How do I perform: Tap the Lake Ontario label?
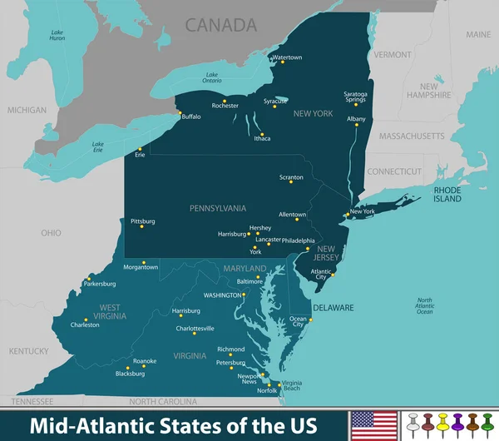pyautogui.click(x=212, y=78)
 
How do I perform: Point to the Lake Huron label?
pyautogui.click(x=57, y=35)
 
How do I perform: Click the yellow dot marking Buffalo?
pyautogui.click(x=177, y=113)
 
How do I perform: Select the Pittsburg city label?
pyautogui.click(x=143, y=221)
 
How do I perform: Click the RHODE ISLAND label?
pyautogui.click(x=447, y=194)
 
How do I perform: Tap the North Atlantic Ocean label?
pyautogui.click(x=425, y=305)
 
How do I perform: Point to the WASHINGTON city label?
pyautogui.click(x=223, y=295)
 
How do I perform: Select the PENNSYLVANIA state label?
pyautogui.click(x=218, y=207)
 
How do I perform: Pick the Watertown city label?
pyautogui.click(x=287, y=57)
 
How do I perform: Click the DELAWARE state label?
pyautogui.click(x=333, y=307)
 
